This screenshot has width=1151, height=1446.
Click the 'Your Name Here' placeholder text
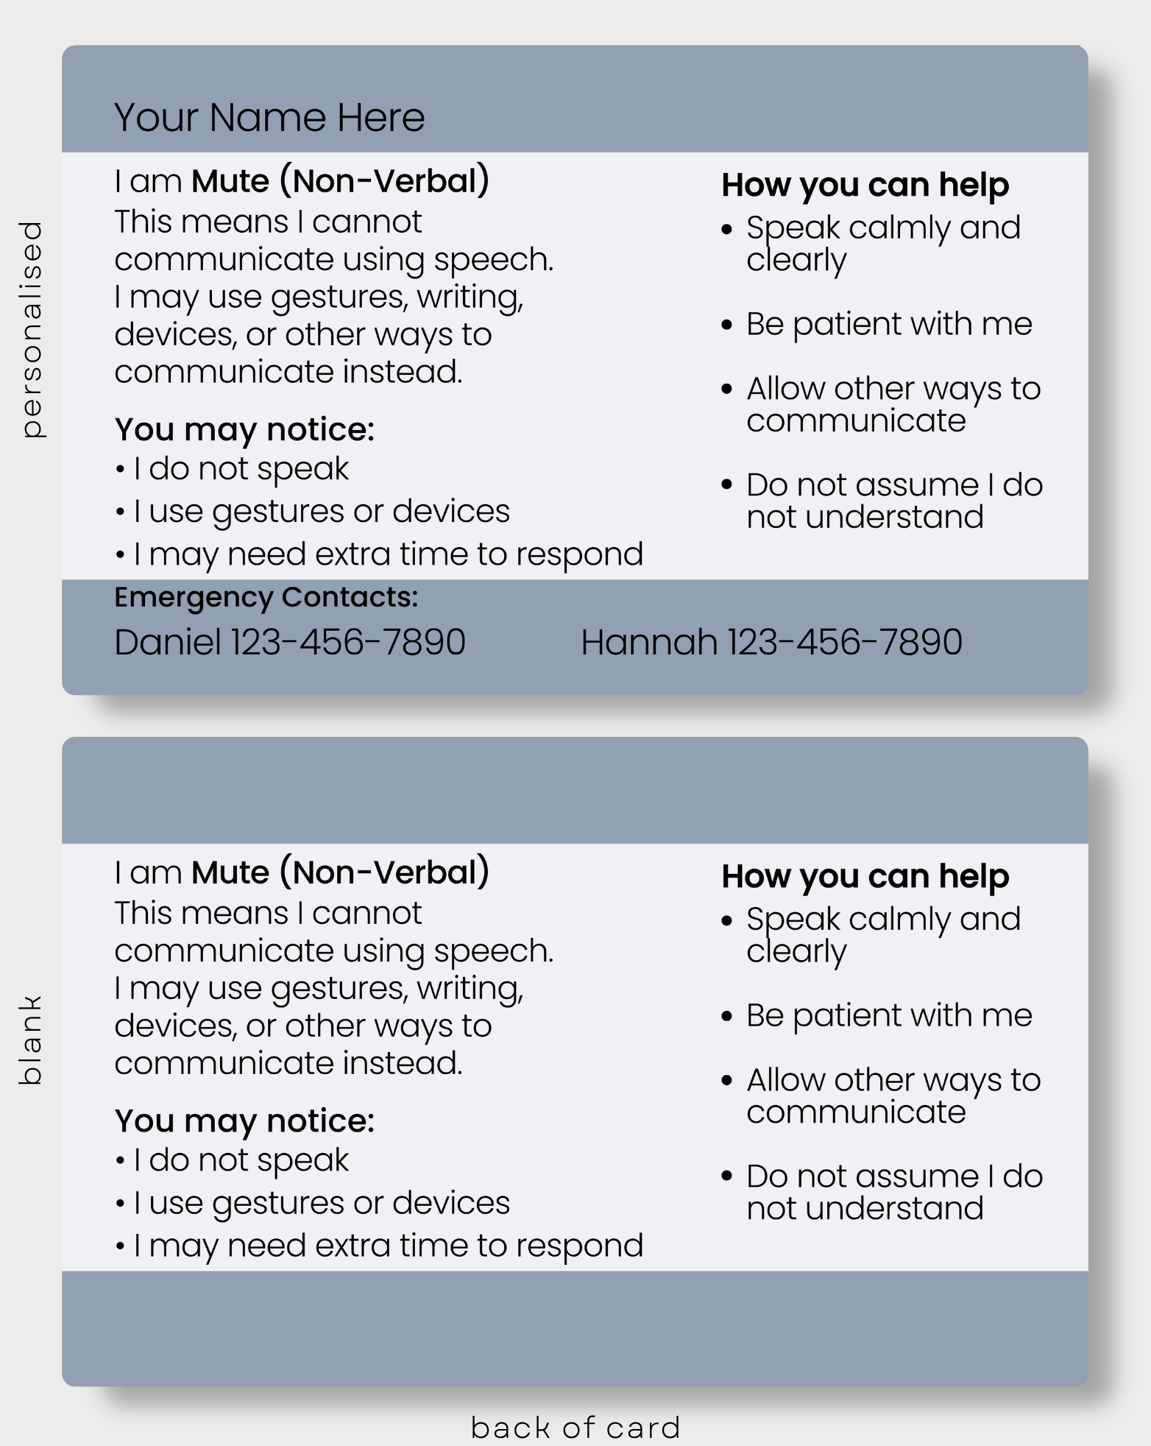coord(269,117)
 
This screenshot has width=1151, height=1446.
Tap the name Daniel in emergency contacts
coord(168,642)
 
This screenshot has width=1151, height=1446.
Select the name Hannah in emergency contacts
coord(649,642)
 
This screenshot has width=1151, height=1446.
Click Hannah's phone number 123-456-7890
coord(845,642)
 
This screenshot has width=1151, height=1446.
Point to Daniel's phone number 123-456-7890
coord(348,642)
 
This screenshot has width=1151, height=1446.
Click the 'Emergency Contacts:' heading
coord(266,598)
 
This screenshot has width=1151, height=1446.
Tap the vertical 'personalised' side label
coord(31,329)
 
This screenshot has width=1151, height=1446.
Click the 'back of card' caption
coord(575,1427)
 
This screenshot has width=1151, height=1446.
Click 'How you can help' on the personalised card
coord(865,186)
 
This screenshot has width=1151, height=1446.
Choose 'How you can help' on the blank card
coord(865,877)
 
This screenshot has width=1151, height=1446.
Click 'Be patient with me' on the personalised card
coord(889,325)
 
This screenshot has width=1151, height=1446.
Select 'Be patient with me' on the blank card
coord(889,1016)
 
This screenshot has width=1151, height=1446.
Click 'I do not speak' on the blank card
coord(241,1161)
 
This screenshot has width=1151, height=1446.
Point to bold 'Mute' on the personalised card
coord(230,181)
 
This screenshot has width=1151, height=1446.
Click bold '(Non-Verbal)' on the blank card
coord(384,872)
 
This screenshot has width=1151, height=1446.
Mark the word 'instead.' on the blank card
coord(403,1063)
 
